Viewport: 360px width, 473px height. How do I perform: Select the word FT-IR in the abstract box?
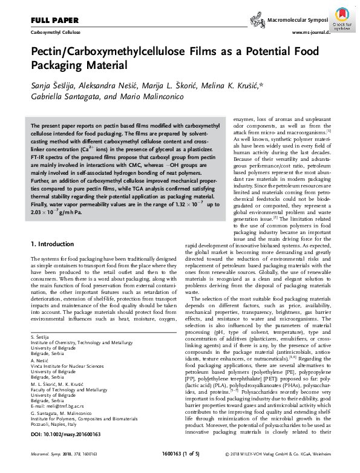click(39, 156)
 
